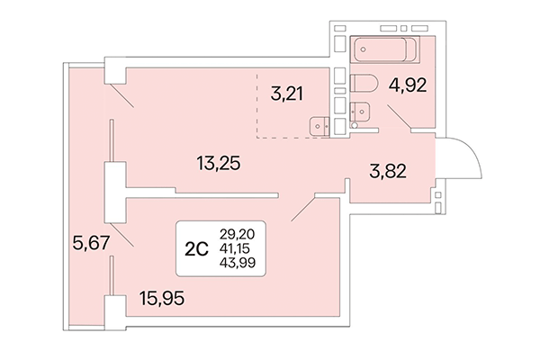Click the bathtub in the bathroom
click(382, 50)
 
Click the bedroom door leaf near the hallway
click(301, 211)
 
